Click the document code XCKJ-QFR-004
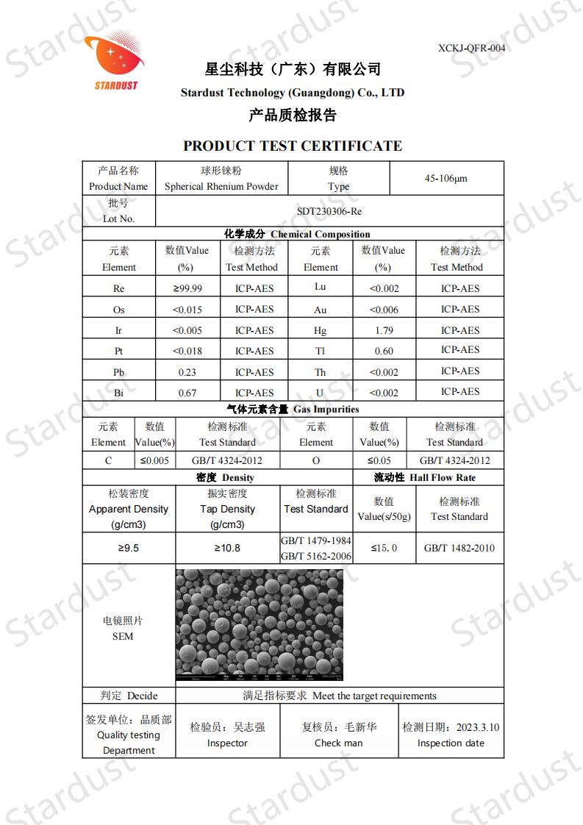coord(471,48)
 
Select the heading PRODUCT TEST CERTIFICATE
coord(293,146)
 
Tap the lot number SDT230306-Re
coord(329,211)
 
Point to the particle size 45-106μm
coord(446,178)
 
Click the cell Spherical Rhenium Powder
coord(221,186)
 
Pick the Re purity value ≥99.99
coord(187,288)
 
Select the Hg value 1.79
coord(383,330)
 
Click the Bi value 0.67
coord(187,393)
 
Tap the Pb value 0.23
coord(187,372)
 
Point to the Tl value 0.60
coord(383,351)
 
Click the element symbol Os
coord(119,310)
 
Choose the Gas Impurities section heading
coord(293,409)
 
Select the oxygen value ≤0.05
coord(379,460)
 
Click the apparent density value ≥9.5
coord(129,548)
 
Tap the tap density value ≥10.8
coord(227,548)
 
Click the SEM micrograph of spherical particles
coord(260,624)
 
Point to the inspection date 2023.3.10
coord(478,727)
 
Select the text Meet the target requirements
coord(374,696)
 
